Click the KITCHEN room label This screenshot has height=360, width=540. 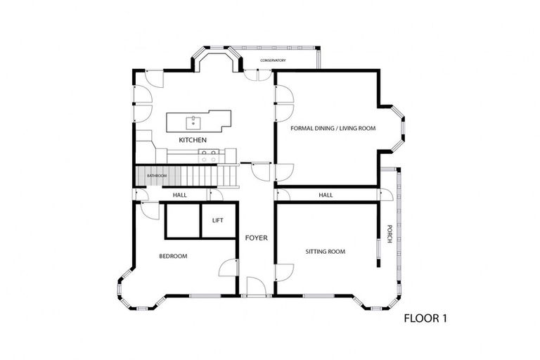click(193, 141)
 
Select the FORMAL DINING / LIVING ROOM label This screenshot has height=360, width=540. click(333, 129)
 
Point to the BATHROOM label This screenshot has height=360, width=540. click(156, 174)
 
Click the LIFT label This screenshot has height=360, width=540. click(218, 221)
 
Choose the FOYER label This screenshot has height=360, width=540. click(256, 238)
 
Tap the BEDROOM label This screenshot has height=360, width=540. click(173, 256)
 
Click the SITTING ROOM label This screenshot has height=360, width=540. click(325, 251)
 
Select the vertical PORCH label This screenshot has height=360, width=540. click(389, 233)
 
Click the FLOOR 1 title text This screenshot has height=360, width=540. click(425, 319)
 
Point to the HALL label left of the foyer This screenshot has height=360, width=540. click(179, 195)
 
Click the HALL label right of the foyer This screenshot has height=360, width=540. click(326, 195)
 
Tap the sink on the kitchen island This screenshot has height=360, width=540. click(193, 123)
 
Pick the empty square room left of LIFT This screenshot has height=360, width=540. click(182, 221)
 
